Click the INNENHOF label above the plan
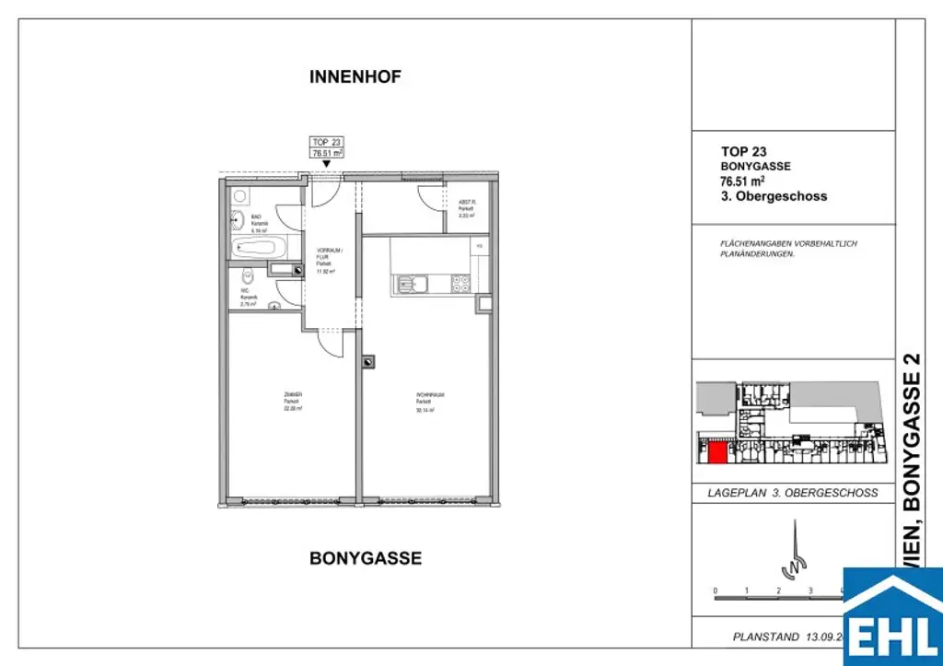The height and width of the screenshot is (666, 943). pyautogui.click(x=355, y=77)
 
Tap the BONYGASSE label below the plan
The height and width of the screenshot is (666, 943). pyautogui.click(x=366, y=558)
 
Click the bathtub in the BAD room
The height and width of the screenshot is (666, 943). pyautogui.click(x=259, y=247)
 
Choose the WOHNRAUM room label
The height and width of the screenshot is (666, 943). pyautogui.click(x=425, y=403)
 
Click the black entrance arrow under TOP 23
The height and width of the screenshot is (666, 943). pyautogui.click(x=327, y=164)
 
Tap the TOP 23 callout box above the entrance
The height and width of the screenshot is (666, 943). pyautogui.click(x=327, y=147)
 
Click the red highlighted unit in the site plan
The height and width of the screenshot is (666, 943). pyautogui.click(x=716, y=452)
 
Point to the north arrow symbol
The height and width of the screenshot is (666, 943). pyautogui.click(x=789, y=552)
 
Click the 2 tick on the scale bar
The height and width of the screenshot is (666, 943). pyautogui.click(x=778, y=590)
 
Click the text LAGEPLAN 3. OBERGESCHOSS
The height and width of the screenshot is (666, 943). pyautogui.click(x=792, y=493)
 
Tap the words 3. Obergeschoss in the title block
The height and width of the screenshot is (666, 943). pyautogui.click(x=774, y=196)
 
